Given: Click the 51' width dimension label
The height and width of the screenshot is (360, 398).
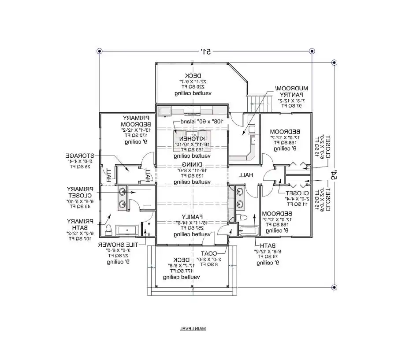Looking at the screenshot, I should [x=206, y=51].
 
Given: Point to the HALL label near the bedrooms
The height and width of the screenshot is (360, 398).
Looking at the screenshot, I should [x=245, y=175].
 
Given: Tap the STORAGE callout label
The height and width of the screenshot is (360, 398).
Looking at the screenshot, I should [x=80, y=156].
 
